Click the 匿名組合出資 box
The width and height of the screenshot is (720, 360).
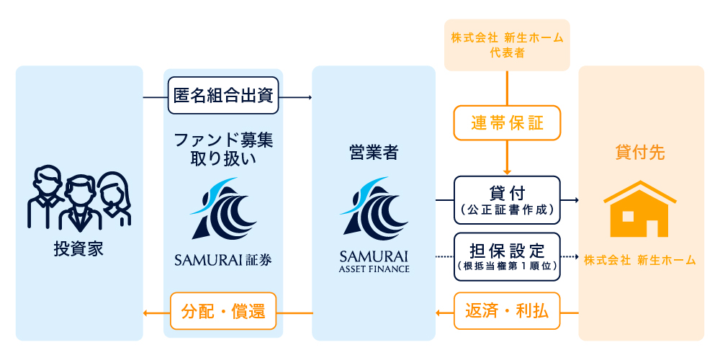pos(223,96)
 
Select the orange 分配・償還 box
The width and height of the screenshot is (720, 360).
pos(223,312)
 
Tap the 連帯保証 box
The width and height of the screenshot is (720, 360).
pos(507,123)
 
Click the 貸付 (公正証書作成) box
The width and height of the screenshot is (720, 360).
pos(507,199)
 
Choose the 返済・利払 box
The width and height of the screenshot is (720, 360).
pos(507,312)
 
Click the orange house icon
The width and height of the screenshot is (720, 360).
pos(639,208)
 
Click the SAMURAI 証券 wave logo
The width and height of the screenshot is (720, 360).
pos(223,208)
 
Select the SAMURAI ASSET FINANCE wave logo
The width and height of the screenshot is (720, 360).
pos(373,208)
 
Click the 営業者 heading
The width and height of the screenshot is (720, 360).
pos(373,153)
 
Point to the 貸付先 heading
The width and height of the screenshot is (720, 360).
pos(640,153)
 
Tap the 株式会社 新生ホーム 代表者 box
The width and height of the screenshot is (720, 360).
pos(507,45)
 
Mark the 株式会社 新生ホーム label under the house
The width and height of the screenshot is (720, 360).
pos(640,260)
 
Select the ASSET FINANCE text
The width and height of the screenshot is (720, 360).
pos(373,269)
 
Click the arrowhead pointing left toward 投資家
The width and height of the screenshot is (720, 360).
pos(146,312)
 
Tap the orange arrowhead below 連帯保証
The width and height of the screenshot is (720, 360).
pos(507,171)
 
